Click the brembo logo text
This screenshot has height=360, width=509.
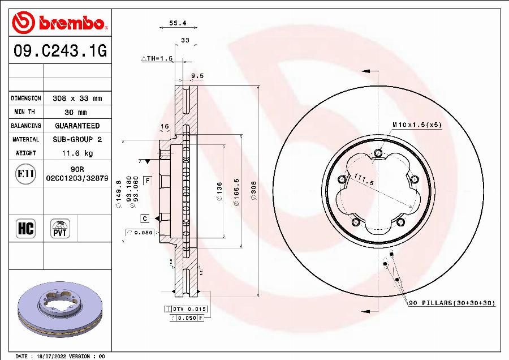tap(71, 23)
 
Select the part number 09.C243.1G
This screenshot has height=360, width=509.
tap(59, 52)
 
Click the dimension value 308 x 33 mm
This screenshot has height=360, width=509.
tap(77, 98)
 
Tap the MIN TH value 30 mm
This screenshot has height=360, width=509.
tap(76, 112)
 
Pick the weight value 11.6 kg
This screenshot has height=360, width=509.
tap(77, 153)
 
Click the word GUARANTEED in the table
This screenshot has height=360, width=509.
tap(77, 126)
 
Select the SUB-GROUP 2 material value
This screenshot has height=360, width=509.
tap(77, 139)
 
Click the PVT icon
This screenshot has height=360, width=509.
tap(60, 229)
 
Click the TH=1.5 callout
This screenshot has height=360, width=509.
tap(157, 58)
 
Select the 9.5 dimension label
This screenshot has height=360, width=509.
tap(197, 75)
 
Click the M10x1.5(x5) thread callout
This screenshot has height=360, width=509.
tap(417, 124)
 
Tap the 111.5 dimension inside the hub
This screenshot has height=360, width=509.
tap(364, 181)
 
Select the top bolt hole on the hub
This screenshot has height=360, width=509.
tap(378, 152)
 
